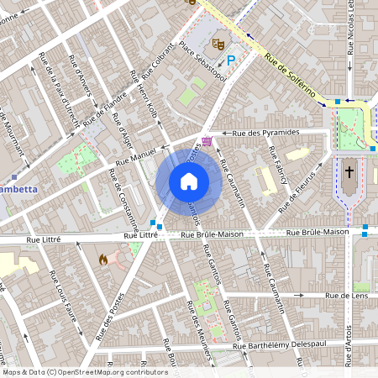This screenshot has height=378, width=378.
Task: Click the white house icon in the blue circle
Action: pyautogui.click(x=189, y=181)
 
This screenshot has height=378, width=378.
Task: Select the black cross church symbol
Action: pyautogui.click(x=349, y=172)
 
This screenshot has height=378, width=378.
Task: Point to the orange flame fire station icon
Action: pyautogui.click(x=103, y=260)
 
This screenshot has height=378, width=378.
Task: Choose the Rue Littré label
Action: pyautogui.click(x=142, y=237)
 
